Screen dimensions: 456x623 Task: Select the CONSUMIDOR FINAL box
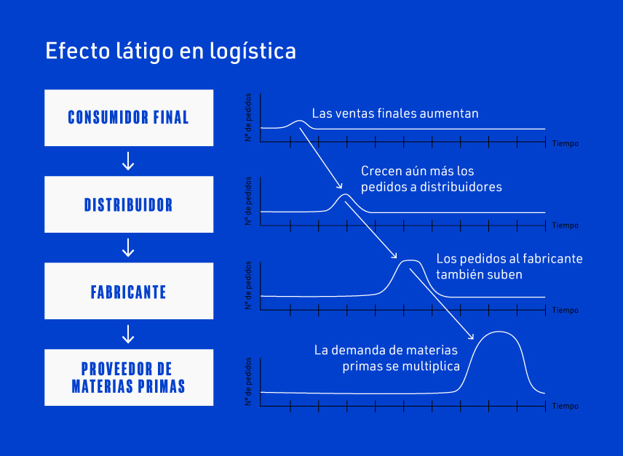click(x=129, y=117)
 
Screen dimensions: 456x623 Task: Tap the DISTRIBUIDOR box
click(x=129, y=204)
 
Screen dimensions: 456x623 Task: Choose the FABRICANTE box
click(x=129, y=292)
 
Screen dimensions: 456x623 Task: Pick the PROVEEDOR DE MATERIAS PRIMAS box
click(x=129, y=377)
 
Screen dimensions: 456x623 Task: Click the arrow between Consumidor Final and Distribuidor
click(x=128, y=161)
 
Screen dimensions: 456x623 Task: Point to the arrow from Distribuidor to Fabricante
click(x=128, y=248)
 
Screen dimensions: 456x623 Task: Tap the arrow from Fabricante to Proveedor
click(x=128, y=334)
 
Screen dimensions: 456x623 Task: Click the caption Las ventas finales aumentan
click(x=395, y=113)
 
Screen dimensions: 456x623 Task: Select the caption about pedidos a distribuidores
click(x=432, y=179)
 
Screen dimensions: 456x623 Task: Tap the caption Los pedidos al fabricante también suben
click(x=509, y=266)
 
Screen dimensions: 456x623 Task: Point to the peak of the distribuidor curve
click(x=346, y=195)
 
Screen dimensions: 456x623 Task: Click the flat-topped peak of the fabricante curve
click(x=410, y=260)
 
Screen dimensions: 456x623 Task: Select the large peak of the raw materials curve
click(x=499, y=332)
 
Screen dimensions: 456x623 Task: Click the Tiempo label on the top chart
click(x=565, y=144)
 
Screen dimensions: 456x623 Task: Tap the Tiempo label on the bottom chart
click(x=565, y=406)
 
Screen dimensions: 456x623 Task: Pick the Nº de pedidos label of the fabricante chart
click(x=248, y=286)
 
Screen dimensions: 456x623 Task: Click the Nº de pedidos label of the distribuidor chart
click(x=248, y=201)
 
